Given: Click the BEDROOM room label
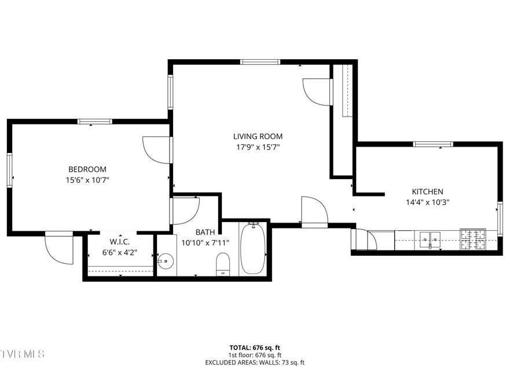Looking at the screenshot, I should pyautogui.click(x=87, y=169).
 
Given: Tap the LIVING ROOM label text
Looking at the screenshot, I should pyautogui.click(x=258, y=137).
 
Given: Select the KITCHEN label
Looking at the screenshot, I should pyautogui.click(x=427, y=192).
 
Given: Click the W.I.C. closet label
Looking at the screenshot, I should pyautogui.click(x=119, y=242).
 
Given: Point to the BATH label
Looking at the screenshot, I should pyautogui.click(x=204, y=232).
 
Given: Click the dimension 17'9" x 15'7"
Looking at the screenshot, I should pyautogui.click(x=258, y=148).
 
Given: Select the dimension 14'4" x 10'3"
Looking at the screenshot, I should pyautogui.click(x=427, y=203).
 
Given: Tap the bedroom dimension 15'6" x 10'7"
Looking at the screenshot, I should pyautogui.click(x=87, y=180).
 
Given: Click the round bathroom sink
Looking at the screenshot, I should pyautogui.click(x=166, y=262).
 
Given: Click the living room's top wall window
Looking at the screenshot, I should pyautogui.click(x=261, y=61).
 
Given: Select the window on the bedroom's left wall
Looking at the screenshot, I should pyautogui.click(x=10, y=169).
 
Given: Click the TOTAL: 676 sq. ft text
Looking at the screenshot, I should pyautogui.click(x=255, y=348).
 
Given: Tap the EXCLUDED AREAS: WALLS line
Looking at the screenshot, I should pyautogui.click(x=255, y=362).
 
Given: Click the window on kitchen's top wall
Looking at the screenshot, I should pyautogui.click(x=433, y=144).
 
